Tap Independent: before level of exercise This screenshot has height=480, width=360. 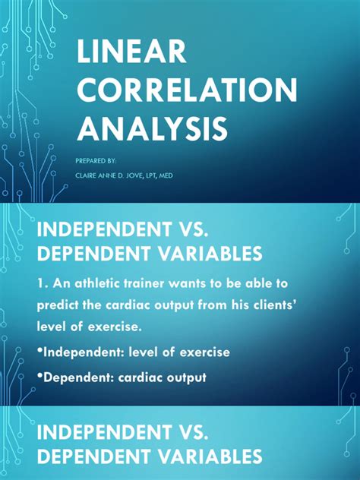coord(87,353)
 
